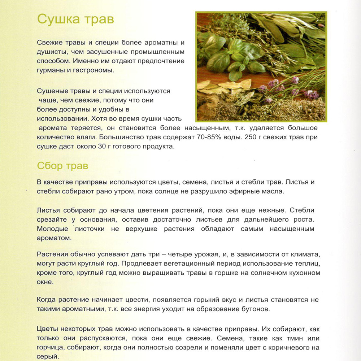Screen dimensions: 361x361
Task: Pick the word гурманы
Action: (52, 70)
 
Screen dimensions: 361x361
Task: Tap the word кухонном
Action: (303, 273)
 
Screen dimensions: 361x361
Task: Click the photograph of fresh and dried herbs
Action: (261, 66)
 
